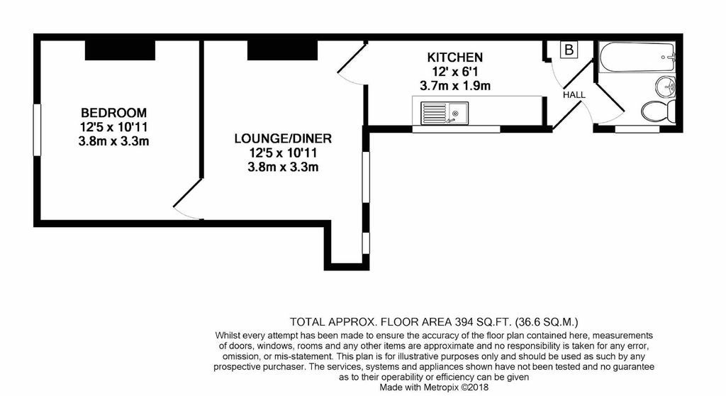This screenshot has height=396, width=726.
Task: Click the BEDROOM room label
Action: pos(113,113)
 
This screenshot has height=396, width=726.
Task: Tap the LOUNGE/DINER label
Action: pos(283,138)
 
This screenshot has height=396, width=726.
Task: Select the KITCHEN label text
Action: pos(454,57)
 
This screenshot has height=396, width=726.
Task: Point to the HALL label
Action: pos(574,94)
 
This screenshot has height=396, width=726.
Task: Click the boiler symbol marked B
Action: pos(569,50)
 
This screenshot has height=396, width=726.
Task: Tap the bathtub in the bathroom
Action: pos(637,57)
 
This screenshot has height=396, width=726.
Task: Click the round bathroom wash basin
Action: pos(665,87)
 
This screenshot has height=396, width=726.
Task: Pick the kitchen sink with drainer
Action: pos(445,113)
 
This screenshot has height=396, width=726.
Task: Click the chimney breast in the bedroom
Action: pos(120,50)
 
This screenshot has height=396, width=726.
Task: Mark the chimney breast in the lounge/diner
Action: pos(282,50)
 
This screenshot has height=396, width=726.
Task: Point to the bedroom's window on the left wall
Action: pos(37,129)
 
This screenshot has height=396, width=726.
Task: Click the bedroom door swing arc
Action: pos(187,215)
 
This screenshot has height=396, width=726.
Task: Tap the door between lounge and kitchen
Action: pos(352,63)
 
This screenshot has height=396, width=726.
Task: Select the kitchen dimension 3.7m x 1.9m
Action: pos(454,86)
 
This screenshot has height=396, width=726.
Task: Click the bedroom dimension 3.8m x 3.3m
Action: pos(113,141)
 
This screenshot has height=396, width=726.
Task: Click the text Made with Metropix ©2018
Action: pos(434,387)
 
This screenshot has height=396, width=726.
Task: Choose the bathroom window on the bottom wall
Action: pos(637,129)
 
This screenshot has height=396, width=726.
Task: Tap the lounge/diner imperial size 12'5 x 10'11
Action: pos(283,153)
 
